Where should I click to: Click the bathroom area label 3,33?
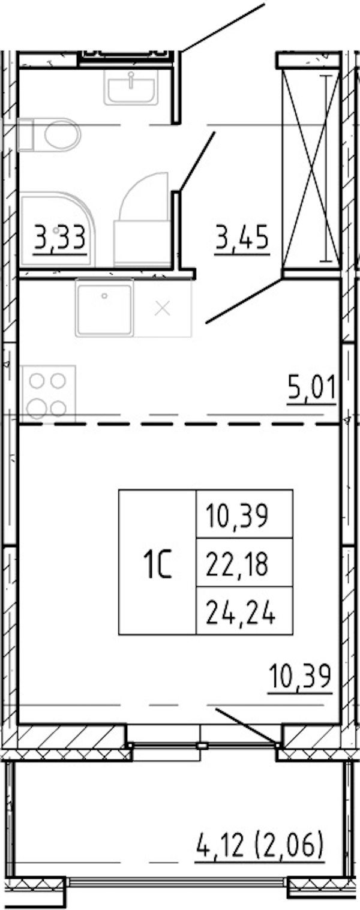(x=60, y=238)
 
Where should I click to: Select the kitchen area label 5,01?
(x=311, y=389)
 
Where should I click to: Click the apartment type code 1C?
(x=157, y=563)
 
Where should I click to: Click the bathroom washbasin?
(x=131, y=88)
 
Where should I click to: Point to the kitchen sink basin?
(x=104, y=308)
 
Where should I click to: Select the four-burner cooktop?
(x=49, y=394)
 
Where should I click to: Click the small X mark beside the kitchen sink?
(x=163, y=309)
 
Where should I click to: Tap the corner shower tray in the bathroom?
(x=57, y=230)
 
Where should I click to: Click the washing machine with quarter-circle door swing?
(x=142, y=221)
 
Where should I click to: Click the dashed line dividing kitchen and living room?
(x=179, y=424)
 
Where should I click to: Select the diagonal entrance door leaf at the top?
(x=223, y=28)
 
